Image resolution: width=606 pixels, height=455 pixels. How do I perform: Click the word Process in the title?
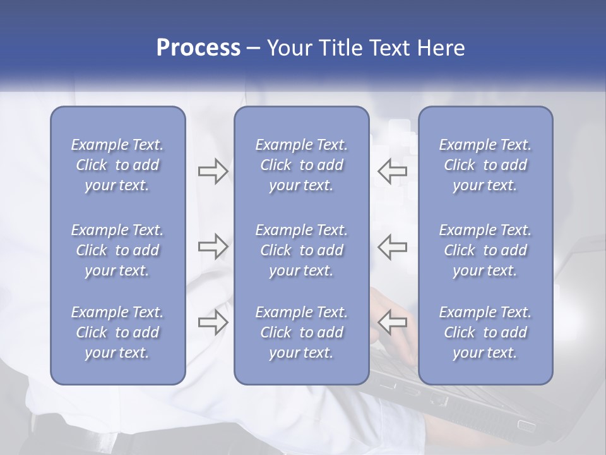tap(198, 47)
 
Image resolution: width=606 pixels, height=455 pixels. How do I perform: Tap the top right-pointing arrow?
tap(213, 171)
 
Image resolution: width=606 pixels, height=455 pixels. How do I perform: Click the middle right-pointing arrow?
tap(213, 246)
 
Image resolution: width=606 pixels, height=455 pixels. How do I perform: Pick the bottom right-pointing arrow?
tap(213, 322)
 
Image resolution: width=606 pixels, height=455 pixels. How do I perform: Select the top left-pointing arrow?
tap(392, 171)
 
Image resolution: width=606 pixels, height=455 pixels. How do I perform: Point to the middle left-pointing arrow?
tap(392, 246)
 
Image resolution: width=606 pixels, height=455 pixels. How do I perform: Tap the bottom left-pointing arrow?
tap(392, 322)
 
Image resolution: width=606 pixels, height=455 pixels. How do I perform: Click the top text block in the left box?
tap(117, 165)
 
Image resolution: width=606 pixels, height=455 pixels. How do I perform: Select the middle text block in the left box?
tap(117, 250)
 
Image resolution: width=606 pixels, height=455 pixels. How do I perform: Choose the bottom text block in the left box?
tap(117, 332)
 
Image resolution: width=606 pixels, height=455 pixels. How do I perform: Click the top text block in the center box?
tap(302, 165)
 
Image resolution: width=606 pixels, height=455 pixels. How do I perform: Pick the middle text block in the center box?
tap(302, 250)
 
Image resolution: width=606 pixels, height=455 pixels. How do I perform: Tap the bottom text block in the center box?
tap(302, 332)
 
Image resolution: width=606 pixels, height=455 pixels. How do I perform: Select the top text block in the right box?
tap(485, 165)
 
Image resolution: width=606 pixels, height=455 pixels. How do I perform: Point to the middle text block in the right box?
tap(485, 250)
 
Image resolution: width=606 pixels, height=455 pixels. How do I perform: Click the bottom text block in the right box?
tap(485, 332)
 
